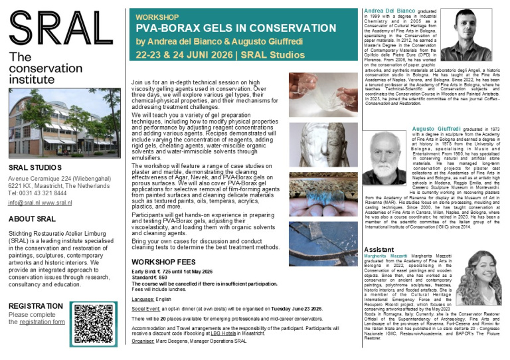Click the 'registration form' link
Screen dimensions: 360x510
42,321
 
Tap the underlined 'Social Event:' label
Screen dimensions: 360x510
151,310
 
